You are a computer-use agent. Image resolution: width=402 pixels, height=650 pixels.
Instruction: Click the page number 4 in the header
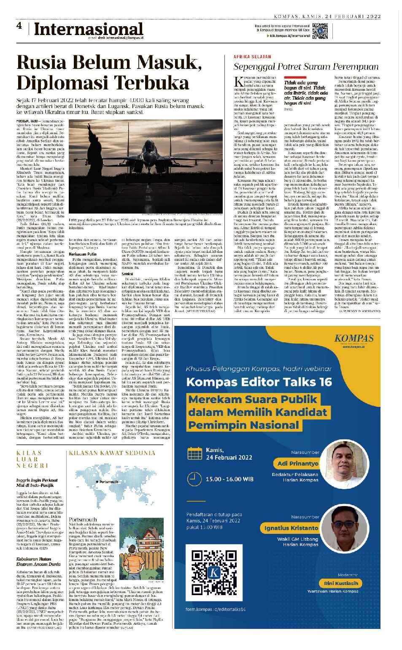tap(19, 26)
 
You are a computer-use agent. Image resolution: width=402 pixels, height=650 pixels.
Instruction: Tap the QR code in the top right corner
tap(321, 32)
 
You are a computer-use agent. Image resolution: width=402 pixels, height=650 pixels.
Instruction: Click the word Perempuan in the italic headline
tap(359, 67)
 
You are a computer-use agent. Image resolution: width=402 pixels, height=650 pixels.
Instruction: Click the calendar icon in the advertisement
tap(194, 454)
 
